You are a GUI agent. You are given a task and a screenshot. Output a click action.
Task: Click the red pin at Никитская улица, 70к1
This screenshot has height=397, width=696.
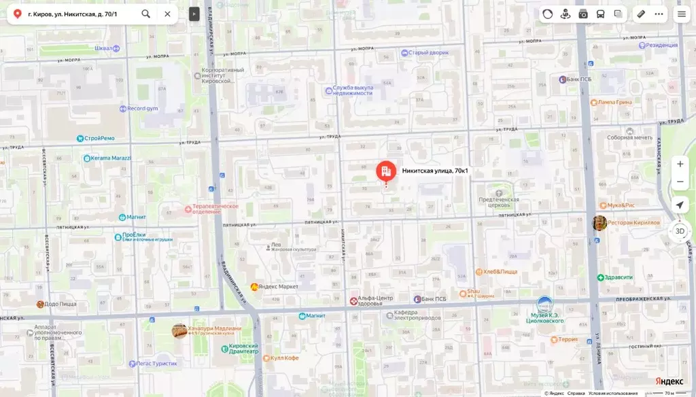pyautogui.click(x=386, y=171)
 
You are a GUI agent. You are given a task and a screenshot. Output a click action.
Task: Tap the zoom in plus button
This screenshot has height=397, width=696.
pyautogui.click(x=680, y=164)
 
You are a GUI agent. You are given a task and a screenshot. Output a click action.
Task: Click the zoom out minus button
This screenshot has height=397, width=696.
pyautogui.click(x=680, y=182)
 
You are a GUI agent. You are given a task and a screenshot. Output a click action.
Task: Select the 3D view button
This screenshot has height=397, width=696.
pyautogui.click(x=680, y=231)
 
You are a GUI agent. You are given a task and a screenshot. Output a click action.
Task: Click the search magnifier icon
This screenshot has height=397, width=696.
pyautogui.click(x=146, y=14)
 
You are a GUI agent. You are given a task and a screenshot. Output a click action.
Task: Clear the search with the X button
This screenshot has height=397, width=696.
pyautogui.click(x=167, y=14)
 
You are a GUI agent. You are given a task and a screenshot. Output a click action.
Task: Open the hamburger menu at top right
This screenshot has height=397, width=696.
pyautogui.click(x=681, y=14)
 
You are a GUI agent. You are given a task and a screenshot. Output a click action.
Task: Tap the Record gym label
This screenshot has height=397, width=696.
pyautogui.click(x=142, y=108)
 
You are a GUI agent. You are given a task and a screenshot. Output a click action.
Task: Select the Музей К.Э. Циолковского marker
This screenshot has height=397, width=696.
pyautogui.click(x=544, y=305)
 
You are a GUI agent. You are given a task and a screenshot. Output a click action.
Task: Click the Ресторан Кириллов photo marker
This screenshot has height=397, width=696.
pyautogui.click(x=599, y=223)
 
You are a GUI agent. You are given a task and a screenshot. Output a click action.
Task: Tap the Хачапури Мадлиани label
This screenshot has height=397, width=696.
pyautogui.click(x=214, y=328)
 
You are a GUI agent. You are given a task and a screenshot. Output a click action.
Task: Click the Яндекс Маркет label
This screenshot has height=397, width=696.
pyautogui.click(x=279, y=286)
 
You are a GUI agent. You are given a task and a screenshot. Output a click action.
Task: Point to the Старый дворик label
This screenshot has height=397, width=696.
pyautogui.click(x=429, y=52)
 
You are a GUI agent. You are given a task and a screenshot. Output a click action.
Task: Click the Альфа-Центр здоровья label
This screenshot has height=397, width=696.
pyautogui.click(x=376, y=300)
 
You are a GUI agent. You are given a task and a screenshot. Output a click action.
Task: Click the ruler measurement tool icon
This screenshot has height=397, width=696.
pyautogui.click(x=641, y=14)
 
